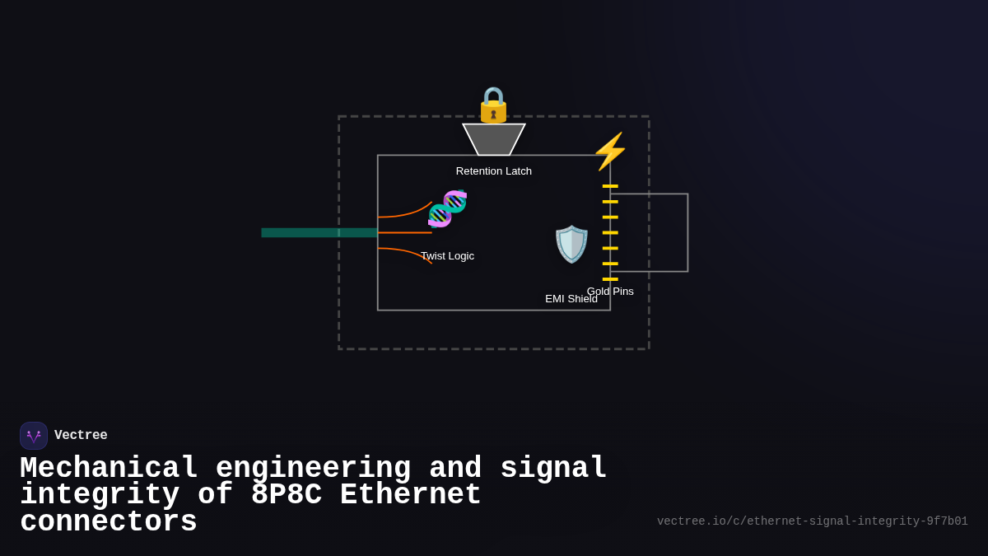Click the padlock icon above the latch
point(493,105)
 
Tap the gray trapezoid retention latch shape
point(494,139)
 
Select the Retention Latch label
point(493,171)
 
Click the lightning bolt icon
point(610,152)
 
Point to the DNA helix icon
point(447,208)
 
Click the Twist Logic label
point(447,256)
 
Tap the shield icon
point(571,244)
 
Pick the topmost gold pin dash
point(610,186)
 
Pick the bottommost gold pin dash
point(610,279)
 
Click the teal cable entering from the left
point(317,233)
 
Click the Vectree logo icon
point(34,436)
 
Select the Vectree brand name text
point(81,436)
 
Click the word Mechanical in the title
point(109,469)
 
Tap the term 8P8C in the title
point(286,495)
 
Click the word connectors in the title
point(109,522)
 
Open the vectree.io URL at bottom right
point(812,521)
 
